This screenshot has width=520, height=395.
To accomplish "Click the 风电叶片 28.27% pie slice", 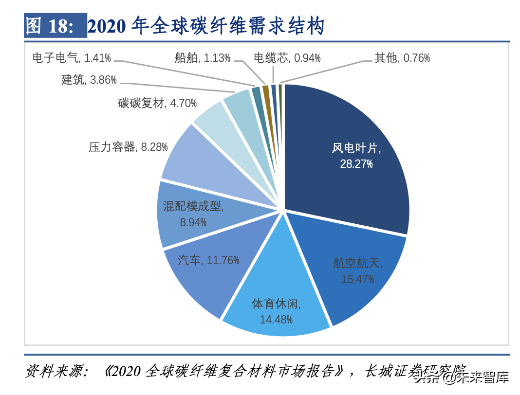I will click(x=351, y=156).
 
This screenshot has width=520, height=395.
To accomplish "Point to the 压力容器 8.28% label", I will click(x=128, y=146).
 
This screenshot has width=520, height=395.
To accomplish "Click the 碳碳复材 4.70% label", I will click(x=157, y=103).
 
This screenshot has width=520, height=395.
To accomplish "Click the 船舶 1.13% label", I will click(x=202, y=58).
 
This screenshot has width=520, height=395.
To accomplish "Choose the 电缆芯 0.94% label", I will click(x=287, y=58).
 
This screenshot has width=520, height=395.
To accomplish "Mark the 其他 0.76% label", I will click(x=402, y=58).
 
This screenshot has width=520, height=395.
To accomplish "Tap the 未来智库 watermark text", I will click(x=482, y=377).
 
